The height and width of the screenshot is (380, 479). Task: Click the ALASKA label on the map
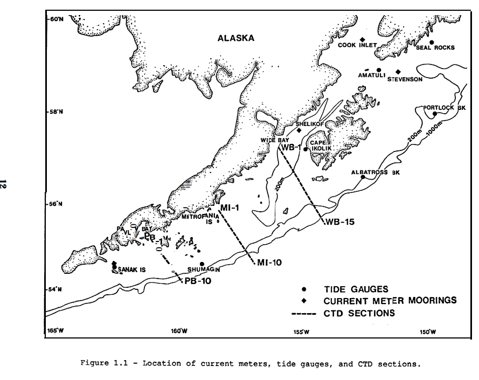pos(235,38)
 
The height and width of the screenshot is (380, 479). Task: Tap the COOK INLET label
pos(354,46)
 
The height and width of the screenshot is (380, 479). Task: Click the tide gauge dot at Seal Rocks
pos(432,42)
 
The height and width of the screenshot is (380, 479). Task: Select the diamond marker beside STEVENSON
pos(398,72)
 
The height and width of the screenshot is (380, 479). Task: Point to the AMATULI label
pos(371,75)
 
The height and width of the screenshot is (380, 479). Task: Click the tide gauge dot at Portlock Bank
pos(434,114)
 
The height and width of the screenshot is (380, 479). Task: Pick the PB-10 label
pos(197,280)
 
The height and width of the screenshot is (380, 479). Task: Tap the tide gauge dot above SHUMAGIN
pos(202,264)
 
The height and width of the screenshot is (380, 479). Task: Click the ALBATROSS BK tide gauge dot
pos(363,177)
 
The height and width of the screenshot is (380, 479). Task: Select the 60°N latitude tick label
pos(56,19)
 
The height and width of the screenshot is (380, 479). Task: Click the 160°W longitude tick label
pos(179,331)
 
